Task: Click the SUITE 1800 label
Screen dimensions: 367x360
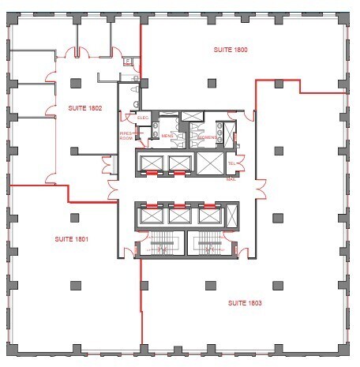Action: click(x=231, y=50)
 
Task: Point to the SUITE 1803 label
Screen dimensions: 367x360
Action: click(x=245, y=303)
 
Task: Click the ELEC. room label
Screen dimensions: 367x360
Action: click(x=143, y=118)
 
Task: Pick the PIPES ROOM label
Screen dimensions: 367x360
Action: click(x=126, y=137)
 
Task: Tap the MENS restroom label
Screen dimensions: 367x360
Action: click(x=167, y=137)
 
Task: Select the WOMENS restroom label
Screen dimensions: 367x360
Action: click(x=207, y=137)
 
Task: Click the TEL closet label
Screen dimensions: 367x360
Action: click(x=231, y=164)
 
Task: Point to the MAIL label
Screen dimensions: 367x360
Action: click(x=231, y=179)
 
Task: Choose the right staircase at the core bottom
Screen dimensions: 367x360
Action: click(x=208, y=245)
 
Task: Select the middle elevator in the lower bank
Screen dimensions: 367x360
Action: click(x=178, y=215)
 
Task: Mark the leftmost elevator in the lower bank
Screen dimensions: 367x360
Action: click(x=149, y=215)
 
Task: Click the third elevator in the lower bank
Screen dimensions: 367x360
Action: click(x=208, y=215)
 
